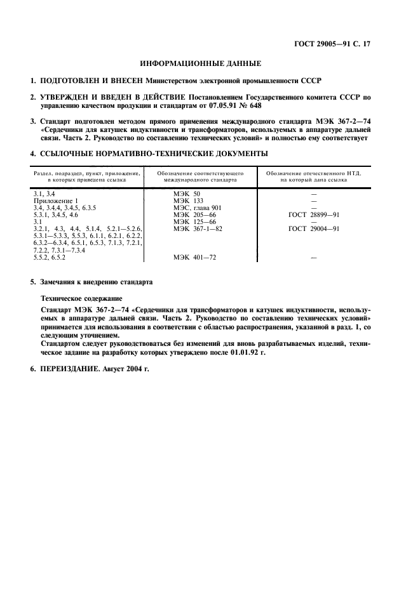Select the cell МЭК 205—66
[x=194, y=215]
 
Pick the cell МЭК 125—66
[x=194, y=221]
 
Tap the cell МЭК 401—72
[x=194, y=258]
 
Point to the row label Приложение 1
[x=55, y=200]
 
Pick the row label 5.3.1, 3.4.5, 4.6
[x=55, y=215]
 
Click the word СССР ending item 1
[x=311, y=81]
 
